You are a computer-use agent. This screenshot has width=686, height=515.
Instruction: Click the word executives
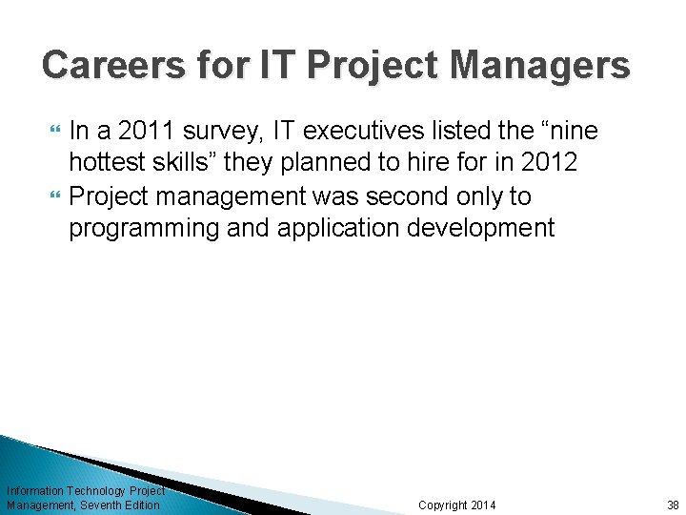(x=384, y=130)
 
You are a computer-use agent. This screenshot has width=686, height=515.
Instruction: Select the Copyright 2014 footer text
(x=457, y=505)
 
